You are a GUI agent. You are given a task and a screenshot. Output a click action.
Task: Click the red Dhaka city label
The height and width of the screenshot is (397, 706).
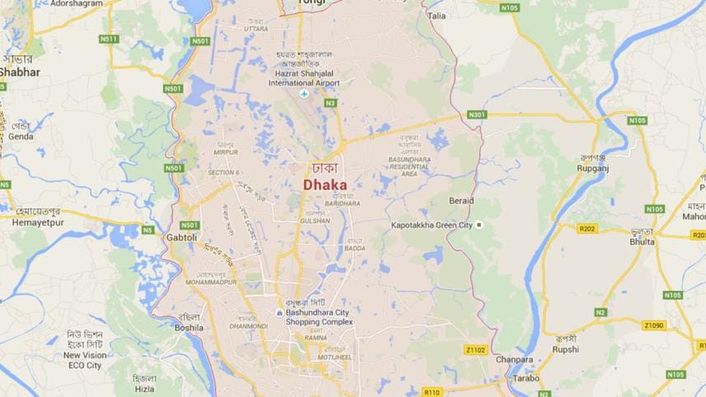pyautogui.click(x=325, y=185)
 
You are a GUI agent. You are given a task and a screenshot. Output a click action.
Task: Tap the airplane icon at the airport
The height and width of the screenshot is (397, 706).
pyautogui.click(x=304, y=93)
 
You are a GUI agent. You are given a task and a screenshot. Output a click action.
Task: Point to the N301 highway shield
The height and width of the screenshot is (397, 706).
pyautogui.click(x=477, y=114)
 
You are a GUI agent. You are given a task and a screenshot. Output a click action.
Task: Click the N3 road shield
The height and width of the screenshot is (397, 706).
pyautogui.click(x=330, y=103)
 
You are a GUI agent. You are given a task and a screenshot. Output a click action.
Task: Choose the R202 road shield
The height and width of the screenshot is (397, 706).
pyautogui.click(x=587, y=229)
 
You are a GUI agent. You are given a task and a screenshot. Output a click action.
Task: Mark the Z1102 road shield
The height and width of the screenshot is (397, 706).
pyautogui.click(x=475, y=350)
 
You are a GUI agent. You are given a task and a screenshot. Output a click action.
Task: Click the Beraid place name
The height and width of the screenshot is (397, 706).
pyautogui.click(x=461, y=201)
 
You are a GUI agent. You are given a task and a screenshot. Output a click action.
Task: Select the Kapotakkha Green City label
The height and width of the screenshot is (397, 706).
pyautogui.click(x=431, y=225)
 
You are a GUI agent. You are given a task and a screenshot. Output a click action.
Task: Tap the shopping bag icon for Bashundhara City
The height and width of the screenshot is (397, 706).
pyautogui.click(x=280, y=313)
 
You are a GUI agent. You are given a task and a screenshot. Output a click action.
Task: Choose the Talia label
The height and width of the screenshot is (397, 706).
pyautogui.click(x=437, y=16)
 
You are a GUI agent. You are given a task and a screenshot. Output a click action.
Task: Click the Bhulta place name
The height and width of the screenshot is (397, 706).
pyautogui.click(x=642, y=242)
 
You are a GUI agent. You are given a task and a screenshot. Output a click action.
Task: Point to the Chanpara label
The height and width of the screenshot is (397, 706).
pyautogui.click(x=514, y=360)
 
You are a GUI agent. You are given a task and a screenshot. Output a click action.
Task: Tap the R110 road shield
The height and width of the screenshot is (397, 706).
pyautogui.click(x=432, y=391)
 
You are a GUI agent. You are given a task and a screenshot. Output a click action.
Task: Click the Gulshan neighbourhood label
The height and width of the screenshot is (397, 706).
pyautogui.click(x=316, y=221)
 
